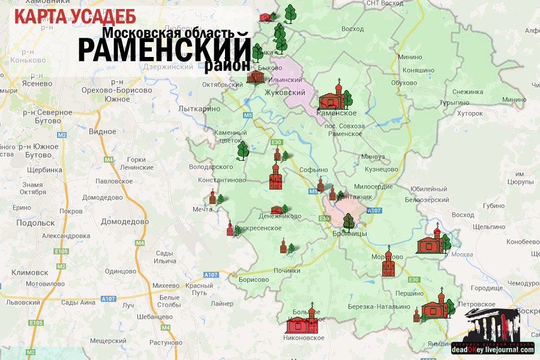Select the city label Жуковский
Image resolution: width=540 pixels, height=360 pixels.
tap(285, 93)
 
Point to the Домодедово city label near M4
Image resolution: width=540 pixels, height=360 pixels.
tap(124, 221)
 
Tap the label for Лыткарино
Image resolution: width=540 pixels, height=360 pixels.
tap(199, 109)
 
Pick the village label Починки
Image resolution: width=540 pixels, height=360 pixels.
tap(287, 271)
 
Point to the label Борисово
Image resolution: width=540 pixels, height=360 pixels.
tap(253, 280)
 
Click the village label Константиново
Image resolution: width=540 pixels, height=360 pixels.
tap(218, 179)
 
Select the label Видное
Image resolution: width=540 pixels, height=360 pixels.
tap(102, 131)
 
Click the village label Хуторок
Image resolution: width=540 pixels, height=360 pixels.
tap(470, 113)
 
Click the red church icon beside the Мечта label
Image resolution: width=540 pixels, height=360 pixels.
tap(213, 197)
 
